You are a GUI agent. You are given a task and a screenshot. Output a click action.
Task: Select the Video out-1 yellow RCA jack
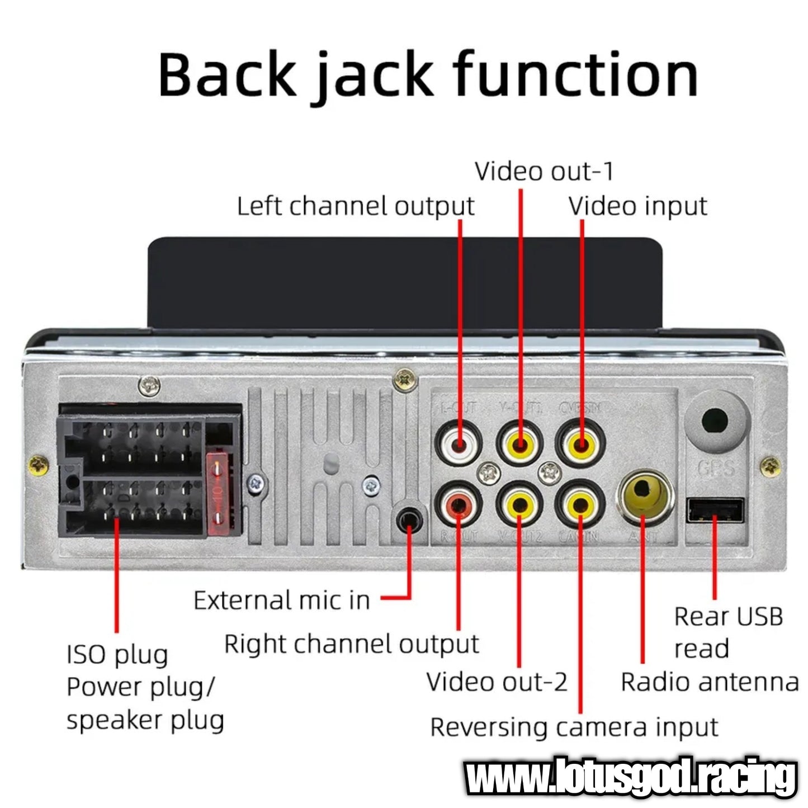520,445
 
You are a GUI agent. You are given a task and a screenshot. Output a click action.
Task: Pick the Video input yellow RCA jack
580,445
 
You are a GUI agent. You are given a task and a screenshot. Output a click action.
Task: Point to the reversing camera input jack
580,505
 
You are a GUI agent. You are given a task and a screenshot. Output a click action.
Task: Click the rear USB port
715,510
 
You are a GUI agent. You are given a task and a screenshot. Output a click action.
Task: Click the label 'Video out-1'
544,171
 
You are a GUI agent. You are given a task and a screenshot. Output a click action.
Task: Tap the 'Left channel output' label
356,206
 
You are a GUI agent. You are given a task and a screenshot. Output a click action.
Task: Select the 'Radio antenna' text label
709,682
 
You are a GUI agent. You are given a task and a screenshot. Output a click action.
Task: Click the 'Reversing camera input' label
574,727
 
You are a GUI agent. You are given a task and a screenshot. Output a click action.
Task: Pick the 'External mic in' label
282,601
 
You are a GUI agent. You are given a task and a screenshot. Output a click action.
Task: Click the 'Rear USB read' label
727,632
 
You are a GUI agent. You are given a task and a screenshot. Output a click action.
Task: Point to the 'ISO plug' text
117,655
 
